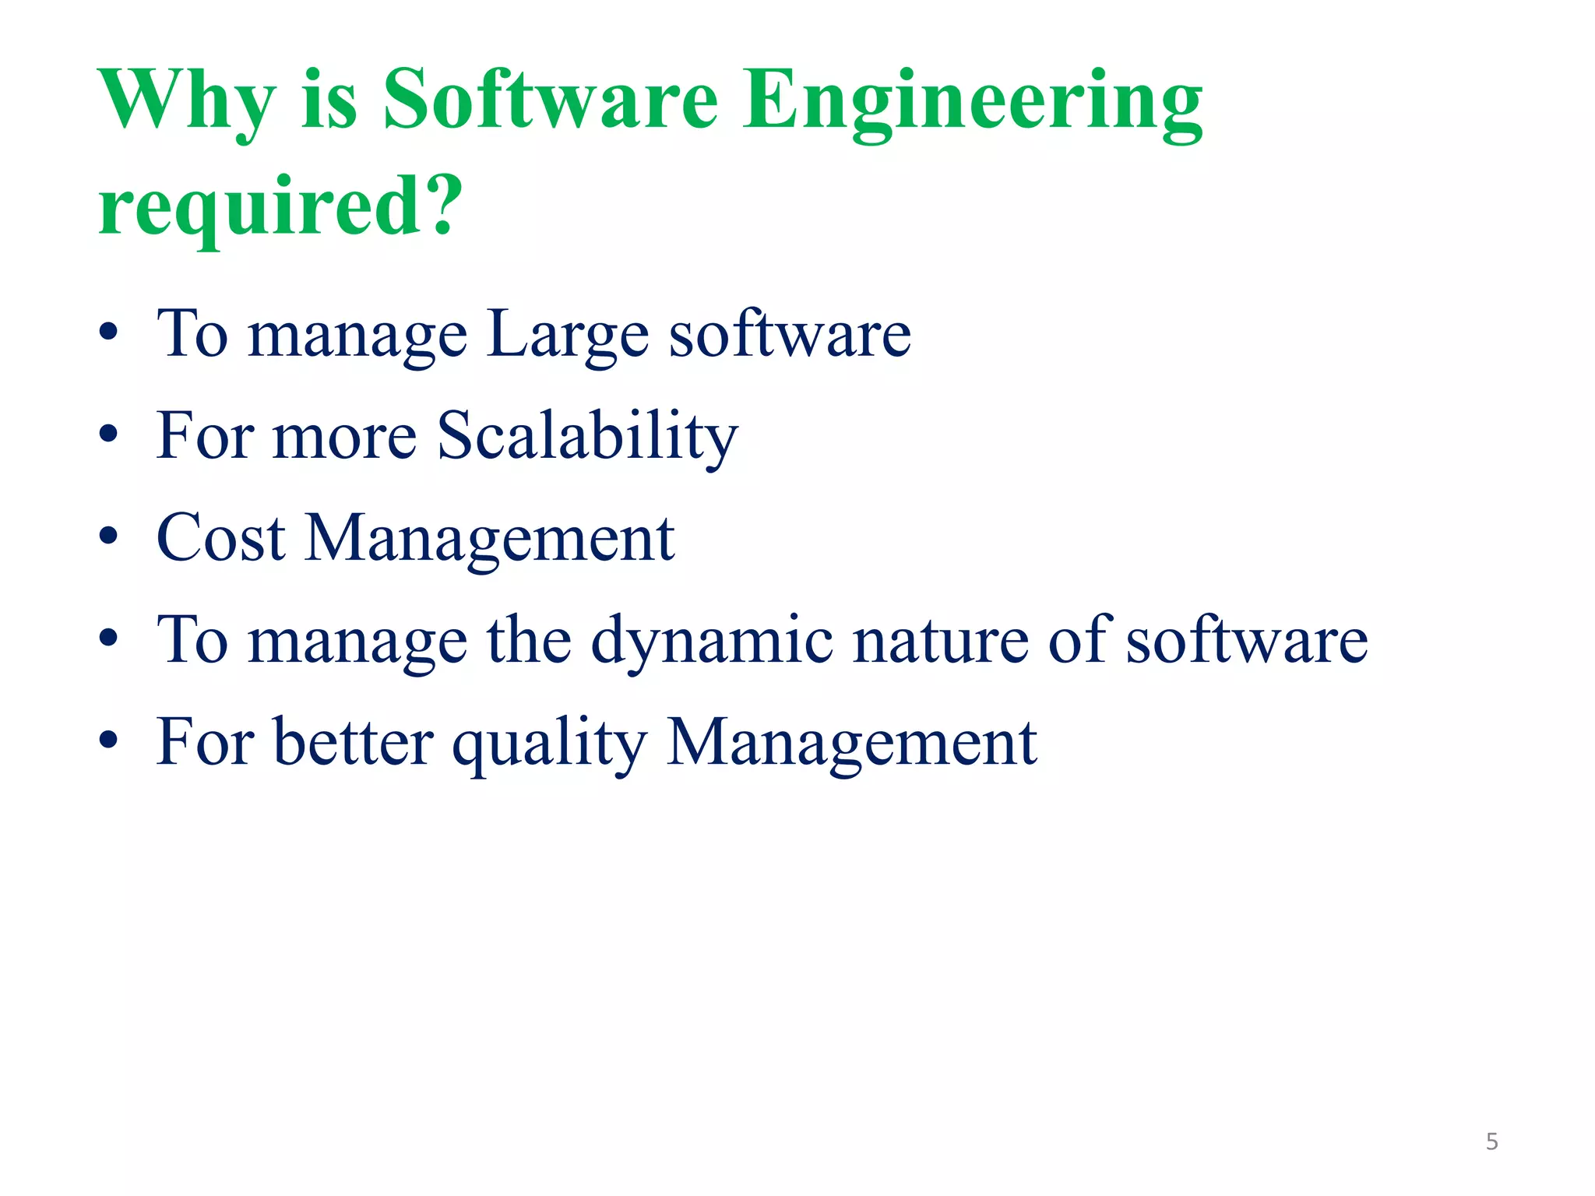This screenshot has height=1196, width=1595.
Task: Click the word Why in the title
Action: pyautogui.click(x=187, y=101)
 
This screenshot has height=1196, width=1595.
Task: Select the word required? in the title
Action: pyautogui.click(x=280, y=206)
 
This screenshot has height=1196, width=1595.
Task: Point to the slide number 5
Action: pyautogui.click(x=1491, y=1141)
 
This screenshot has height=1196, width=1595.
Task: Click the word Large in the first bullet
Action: pyautogui.click(x=568, y=335)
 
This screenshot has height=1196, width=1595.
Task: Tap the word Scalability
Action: pyautogui.click(x=586, y=436)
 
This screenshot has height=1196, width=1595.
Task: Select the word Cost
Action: pyautogui.click(x=221, y=538)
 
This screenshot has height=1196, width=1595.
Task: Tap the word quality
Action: pyautogui.click(x=550, y=744)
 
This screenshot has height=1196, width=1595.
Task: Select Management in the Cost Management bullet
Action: pyautogui.click(x=490, y=540)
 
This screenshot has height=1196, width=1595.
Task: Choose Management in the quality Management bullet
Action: pyautogui.click(x=852, y=744)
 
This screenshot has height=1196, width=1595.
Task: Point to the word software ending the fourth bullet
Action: pyautogui.click(x=1246, y=641)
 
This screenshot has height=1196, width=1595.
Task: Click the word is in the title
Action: pyautogui.click(x=329, y=101)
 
